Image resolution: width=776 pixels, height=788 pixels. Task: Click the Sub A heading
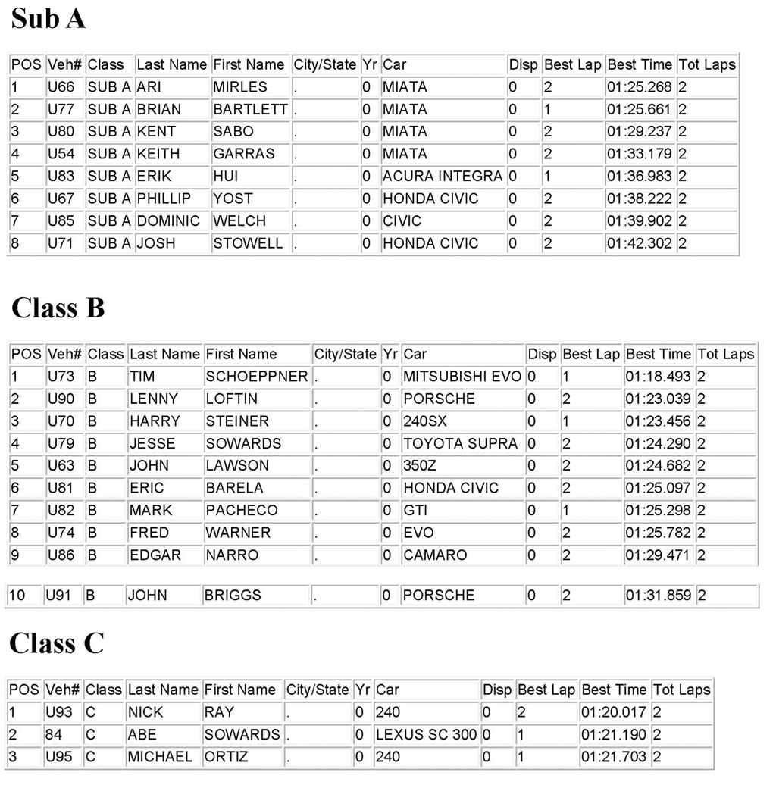[48, 19]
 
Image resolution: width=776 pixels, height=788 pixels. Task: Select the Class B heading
[58, 308]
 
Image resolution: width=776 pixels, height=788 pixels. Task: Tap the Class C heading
[57, 643]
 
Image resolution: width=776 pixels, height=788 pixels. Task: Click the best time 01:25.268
[639, 87]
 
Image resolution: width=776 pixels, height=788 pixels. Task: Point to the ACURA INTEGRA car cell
[442, 176]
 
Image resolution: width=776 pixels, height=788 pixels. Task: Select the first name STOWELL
[248, 243]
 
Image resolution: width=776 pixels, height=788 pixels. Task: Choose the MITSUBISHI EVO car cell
[462, 377]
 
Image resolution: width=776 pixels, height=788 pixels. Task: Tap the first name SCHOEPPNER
[257, 377]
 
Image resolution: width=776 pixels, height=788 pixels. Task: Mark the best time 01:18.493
[658, 377]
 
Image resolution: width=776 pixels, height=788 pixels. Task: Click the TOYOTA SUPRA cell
[460, 443]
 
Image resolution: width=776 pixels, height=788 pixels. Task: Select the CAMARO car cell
[435, 555]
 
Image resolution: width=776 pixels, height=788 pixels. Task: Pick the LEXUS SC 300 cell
[427, 734]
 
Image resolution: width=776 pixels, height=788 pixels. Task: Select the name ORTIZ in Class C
[227, 757]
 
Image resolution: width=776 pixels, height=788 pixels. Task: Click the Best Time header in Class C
[614, 689]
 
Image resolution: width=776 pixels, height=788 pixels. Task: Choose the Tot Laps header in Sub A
[706, 64]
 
